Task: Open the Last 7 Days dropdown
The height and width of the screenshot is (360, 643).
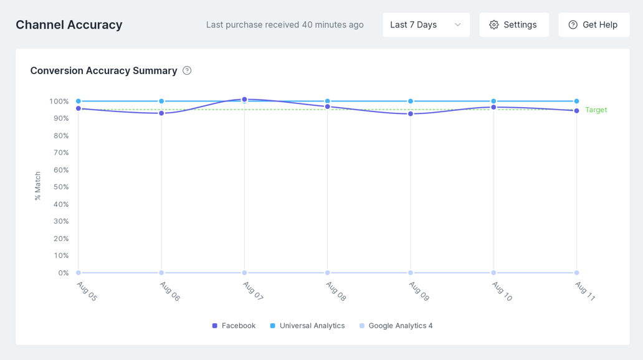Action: coord(426,25)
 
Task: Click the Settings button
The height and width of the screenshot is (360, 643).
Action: coord(514,25)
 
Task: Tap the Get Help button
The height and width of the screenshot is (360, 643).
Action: coord(594,25)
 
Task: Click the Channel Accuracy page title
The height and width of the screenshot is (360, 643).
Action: coord(69,25)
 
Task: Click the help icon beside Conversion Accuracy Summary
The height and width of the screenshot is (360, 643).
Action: coord(187,70)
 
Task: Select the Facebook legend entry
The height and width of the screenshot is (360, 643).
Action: coord(234,326)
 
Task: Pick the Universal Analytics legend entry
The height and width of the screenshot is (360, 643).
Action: coord(307,326)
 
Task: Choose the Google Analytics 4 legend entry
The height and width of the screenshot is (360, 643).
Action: coord(396,326)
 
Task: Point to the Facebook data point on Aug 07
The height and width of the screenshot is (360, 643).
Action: coord(244,99)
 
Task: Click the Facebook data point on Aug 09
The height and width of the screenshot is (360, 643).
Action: coord(411,114)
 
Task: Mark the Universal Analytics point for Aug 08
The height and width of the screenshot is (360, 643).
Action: coord(327,101)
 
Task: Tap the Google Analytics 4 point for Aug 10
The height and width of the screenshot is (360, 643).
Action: coord(493,273)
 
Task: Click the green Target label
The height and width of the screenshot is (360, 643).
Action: coord(596,110)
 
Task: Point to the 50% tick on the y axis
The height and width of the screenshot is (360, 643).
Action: coord(61,187)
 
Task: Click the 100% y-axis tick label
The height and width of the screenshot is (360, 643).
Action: coord(59,102)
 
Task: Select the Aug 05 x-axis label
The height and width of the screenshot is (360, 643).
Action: coord(87,291)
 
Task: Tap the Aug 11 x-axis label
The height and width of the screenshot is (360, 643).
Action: coord(584,291)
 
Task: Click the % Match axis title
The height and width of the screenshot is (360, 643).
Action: coord(37,186)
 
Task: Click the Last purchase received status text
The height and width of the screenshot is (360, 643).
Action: coord(285,25)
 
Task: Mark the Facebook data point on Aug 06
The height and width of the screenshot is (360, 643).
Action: coord(161,113)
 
